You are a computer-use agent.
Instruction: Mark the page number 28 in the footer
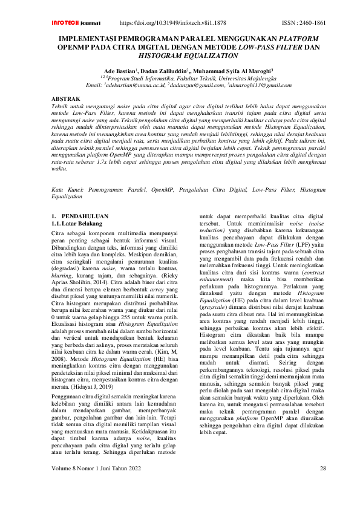pos(322,485)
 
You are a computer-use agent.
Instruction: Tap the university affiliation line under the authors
pos(191,79)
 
